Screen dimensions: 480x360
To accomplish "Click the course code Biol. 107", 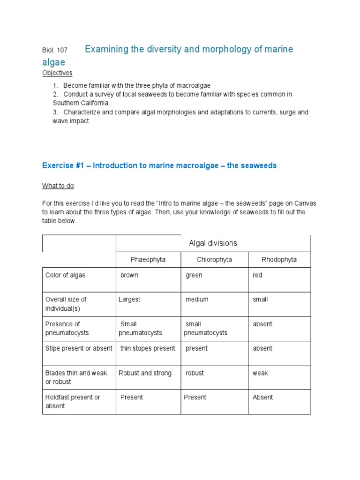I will (54, 50).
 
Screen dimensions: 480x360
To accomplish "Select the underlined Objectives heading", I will (57, 73).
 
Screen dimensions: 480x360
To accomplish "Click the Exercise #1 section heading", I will (159, 166).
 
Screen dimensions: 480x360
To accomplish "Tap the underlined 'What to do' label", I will (58, 186).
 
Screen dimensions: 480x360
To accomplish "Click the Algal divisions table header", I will (213, 243).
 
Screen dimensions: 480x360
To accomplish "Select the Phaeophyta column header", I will (148, 260).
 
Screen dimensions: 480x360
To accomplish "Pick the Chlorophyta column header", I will (214, 260).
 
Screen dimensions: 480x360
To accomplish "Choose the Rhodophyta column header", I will (279, 260).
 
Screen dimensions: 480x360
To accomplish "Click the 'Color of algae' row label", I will (65, 276).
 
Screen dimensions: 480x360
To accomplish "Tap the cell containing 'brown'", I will (129, 276).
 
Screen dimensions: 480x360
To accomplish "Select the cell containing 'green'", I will (194, 276).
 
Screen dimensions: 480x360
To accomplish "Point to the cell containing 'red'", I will (257, 276).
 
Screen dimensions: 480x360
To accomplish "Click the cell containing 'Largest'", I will (129, 300).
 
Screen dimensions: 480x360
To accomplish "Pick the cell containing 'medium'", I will (197, 300).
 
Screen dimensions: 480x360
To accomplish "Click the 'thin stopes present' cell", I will (148, 349).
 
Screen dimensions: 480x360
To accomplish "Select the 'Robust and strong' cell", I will (145, 374).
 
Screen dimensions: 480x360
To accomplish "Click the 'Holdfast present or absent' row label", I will (73, 402).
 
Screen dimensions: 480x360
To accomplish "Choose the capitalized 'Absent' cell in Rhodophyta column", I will (262, 397).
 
